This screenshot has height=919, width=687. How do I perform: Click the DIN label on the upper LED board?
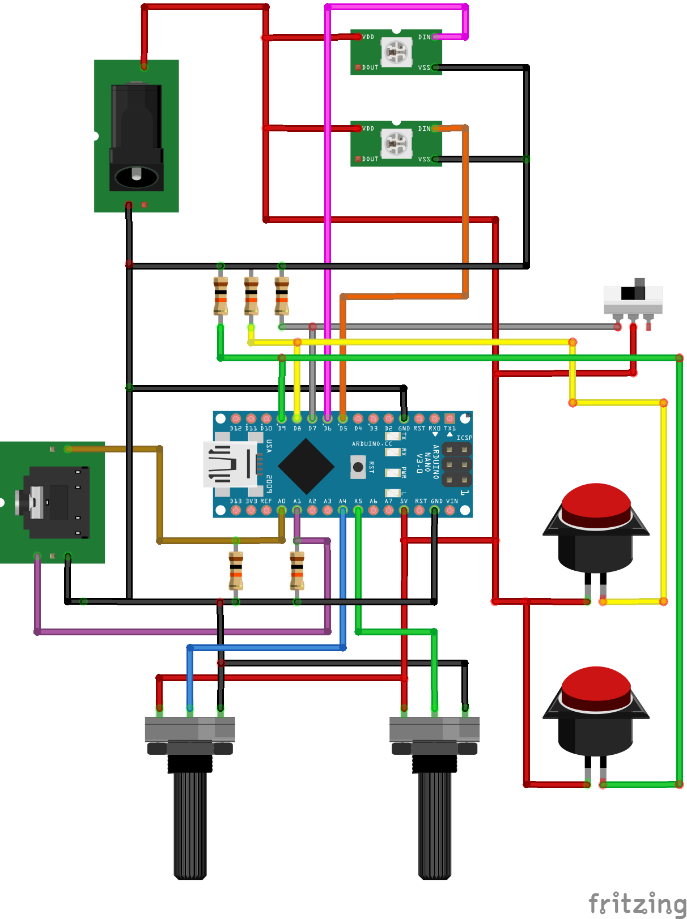(424, 37)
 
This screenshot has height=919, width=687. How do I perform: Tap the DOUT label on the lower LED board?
(370, 159)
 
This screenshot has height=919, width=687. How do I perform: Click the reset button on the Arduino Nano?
(358, 467)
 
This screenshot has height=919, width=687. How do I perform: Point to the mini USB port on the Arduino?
(230, 464)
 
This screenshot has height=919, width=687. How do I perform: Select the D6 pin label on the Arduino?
(327, 429)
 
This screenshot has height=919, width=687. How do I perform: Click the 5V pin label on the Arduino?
(404, 501)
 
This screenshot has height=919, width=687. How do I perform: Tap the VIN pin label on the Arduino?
(452, 501)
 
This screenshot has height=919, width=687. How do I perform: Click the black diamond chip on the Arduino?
(306, 466)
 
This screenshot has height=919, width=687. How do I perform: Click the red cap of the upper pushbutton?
(596, 501)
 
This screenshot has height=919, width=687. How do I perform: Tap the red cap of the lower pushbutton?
(596, 685)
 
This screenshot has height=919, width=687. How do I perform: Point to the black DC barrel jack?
(136, 139)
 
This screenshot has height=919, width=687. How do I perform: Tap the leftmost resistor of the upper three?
(220, 296)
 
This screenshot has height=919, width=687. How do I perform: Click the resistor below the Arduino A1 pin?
(297, 571)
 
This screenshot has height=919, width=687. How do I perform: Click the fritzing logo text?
(636, 903)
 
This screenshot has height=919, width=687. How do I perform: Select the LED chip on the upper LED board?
(396, 52)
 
